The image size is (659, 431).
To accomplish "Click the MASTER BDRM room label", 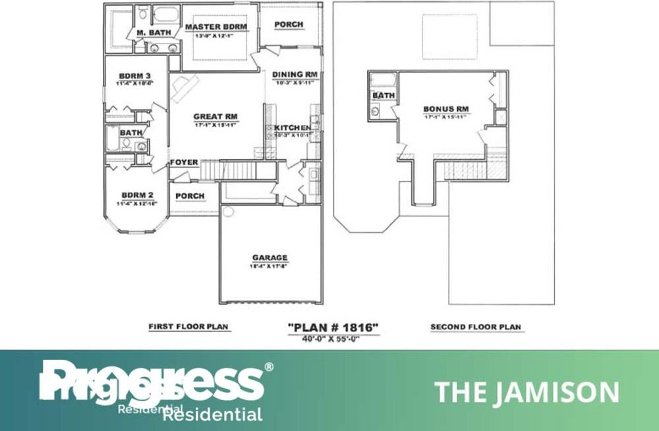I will [x=215, y=27].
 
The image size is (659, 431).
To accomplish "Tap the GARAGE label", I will [x=270, y=257].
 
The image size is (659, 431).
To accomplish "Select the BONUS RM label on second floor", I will [x=446, y=109].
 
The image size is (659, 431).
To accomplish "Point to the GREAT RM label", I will [x=215, y=117].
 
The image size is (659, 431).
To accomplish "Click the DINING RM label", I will [x=296, y=75].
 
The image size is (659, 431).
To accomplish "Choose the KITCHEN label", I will [x=293, y=127].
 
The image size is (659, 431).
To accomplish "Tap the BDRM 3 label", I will [x=135, y=75].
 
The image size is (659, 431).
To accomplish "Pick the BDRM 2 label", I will [x=137, y=195].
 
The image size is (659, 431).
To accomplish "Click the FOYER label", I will [x=184, y=162].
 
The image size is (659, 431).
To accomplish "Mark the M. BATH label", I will [x=154, y=32].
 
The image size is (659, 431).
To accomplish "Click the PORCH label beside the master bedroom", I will [x=289, y=24].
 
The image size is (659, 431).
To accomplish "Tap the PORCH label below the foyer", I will [x=190, y=196].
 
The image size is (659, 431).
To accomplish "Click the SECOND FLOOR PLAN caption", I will [x=475, y=327].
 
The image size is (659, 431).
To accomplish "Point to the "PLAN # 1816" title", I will [x=333, y=327].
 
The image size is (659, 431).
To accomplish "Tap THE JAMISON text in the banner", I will [x=527, y=392].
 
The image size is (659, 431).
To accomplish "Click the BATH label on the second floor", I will [x=384, y=96].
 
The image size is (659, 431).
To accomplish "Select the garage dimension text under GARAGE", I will [x=270, y=267].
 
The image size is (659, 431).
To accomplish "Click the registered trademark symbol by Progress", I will [x=268, y=367].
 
